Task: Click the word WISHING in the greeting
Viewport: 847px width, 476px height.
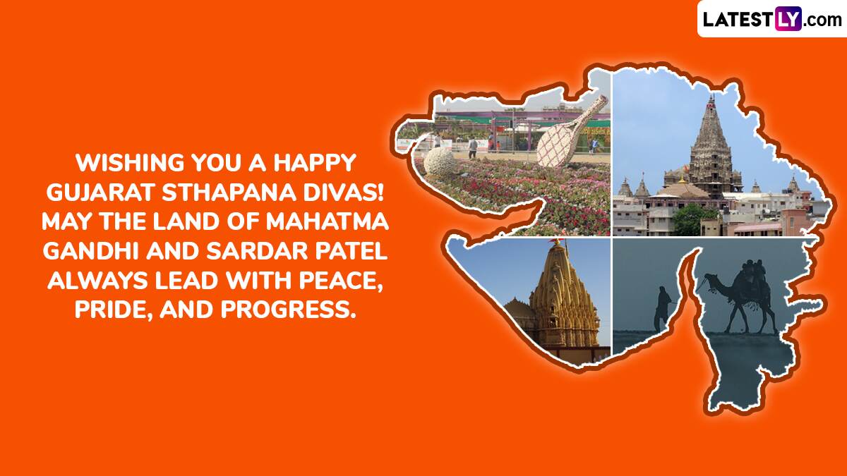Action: coord(131,162)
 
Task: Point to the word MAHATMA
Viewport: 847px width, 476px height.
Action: coord(327,221)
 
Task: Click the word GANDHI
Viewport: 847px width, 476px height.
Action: coord(91,251)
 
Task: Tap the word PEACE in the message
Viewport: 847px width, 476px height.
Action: coord(341,281)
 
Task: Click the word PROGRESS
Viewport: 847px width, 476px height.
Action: coord(289,310)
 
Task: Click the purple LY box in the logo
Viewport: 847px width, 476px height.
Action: coord(788,19)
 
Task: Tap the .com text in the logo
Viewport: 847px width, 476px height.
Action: coord(822,20)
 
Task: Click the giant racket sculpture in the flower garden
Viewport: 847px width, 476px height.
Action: coord(567,133)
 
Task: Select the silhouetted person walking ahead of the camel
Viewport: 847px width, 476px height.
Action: coord(662,308)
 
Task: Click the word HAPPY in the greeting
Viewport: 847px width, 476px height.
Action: coord(315,162)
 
